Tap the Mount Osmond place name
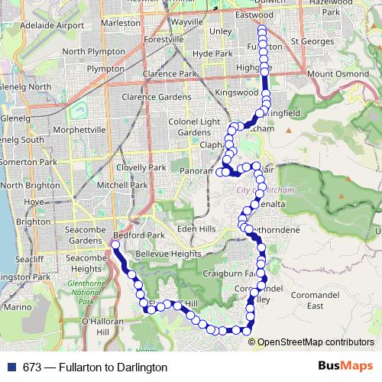(333, 73)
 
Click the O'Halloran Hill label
(100, 327)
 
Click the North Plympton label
(94, 51)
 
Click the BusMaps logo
(345, 367)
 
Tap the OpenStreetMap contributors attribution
(316, 342)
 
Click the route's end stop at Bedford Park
(114, 245)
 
